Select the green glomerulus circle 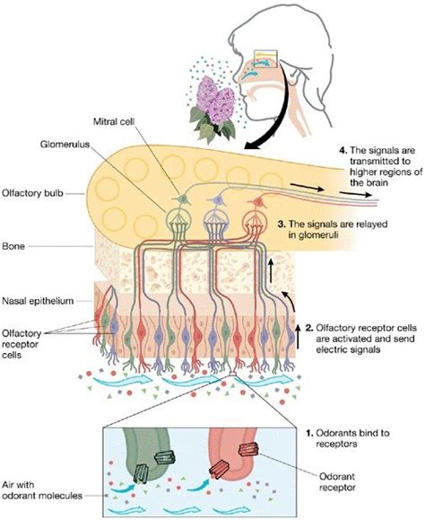tap(178, 221)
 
